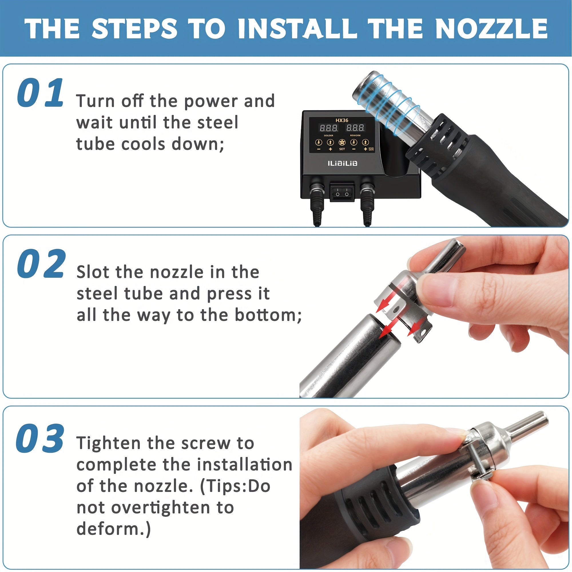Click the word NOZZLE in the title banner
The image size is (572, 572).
tap(491, 29)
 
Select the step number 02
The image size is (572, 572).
tap(41, 264)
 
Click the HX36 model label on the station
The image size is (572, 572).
tap(342, 120)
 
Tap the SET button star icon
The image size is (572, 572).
tap(342, 142)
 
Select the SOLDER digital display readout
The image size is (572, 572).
tap(329, 128)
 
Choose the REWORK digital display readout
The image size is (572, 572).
tap(355, 128)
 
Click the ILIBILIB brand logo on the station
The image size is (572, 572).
tap(342, 163)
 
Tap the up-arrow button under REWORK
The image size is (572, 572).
tap(365, 142)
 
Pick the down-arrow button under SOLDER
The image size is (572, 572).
tap(319, 142)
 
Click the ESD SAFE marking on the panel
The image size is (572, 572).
tap(371, 149)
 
